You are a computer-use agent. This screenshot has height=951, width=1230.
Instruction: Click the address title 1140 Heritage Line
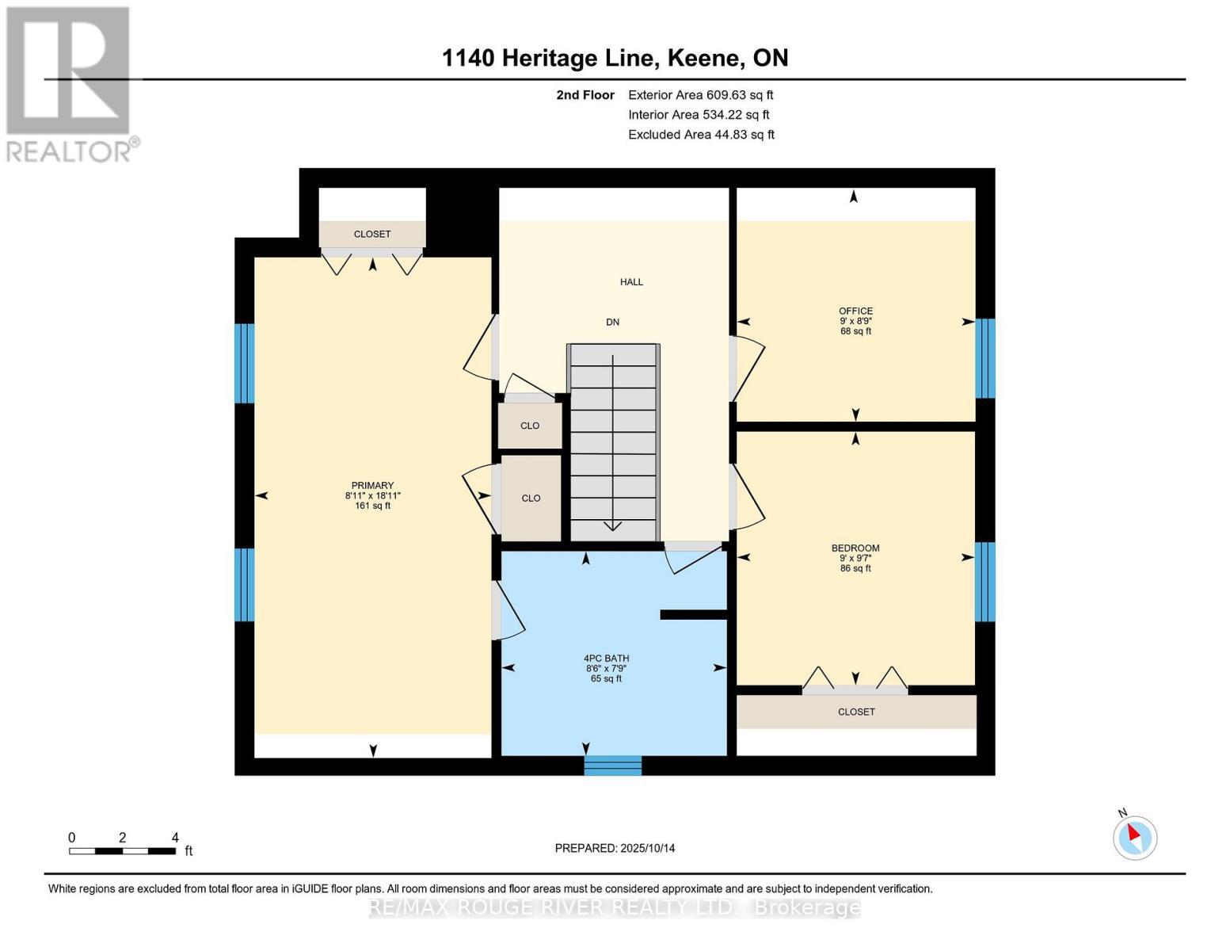[615, 58]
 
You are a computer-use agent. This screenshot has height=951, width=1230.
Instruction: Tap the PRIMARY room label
[372, 486]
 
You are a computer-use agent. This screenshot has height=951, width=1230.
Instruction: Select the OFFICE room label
[855, 311]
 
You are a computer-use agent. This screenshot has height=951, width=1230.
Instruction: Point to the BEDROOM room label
[855, 548]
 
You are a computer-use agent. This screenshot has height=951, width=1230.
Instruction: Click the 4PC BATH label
[606, 659]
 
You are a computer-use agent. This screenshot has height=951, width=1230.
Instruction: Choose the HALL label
[631, 282]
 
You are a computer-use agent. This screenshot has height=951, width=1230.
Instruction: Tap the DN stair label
[612, 323]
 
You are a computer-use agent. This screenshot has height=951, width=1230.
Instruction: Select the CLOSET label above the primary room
[372, 235]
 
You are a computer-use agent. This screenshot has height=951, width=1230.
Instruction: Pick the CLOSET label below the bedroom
[856, 712]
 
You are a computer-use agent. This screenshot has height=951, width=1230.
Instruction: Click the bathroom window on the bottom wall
[613, 766]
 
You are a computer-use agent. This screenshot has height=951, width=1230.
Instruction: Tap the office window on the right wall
[984, 358]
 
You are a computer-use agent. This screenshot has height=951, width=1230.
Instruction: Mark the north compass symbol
[1135, 837]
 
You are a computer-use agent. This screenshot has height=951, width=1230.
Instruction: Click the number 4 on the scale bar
[175, 838]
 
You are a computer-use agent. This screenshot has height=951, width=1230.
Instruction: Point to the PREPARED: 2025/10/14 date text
[615, 849]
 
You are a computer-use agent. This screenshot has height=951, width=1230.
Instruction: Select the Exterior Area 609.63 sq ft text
[700, 95]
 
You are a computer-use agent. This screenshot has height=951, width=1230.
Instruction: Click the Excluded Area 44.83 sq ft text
[701, 135]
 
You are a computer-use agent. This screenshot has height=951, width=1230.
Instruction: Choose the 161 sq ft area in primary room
[372, 506]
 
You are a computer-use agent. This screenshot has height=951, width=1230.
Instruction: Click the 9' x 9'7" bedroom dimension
[855, 559]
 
